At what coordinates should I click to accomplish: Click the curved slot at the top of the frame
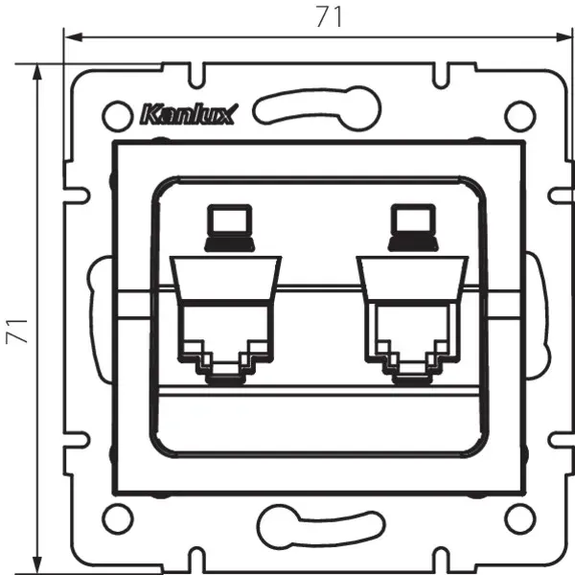click(315, 105)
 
